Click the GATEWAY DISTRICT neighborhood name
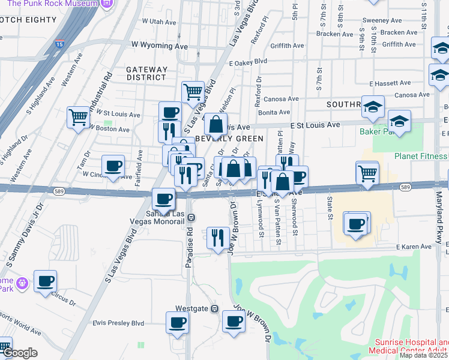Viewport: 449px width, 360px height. click(x=146, y=73)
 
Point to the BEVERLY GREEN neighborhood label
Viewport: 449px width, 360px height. click(x=229, y=139)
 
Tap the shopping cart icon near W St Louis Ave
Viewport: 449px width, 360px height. click(x=79, y=117)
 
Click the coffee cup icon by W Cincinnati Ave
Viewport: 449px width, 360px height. click(x=113, y=166)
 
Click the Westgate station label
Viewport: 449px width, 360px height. click(x=191, y=308)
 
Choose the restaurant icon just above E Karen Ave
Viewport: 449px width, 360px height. click(x=218, y=236)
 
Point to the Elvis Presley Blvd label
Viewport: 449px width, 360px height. click(x=119, y=323)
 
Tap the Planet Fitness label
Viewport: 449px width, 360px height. click(x=421, y=156)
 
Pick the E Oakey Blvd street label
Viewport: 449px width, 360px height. click(x=247, y=61)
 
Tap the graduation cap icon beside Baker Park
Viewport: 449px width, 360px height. click(x=399, y=121)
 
